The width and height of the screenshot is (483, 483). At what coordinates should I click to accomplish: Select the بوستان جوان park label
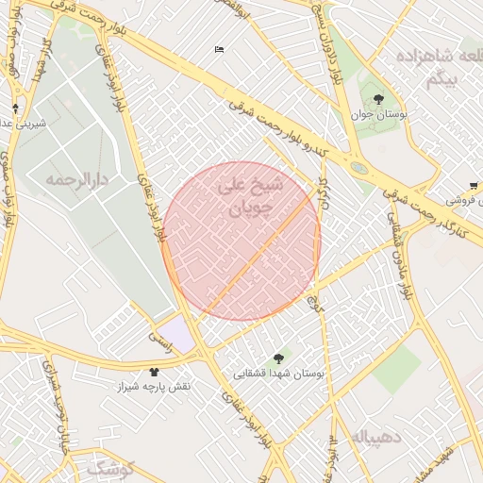[x=378, y=114]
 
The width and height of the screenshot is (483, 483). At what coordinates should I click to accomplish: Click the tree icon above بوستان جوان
[x=378, y=99]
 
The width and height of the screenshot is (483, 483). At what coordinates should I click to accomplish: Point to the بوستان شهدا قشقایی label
[x=279, y=374]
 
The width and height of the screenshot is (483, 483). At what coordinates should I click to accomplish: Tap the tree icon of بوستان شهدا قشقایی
[x=277, y=358]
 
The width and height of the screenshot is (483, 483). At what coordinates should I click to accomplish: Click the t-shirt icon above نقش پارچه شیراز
[x=154, y=372]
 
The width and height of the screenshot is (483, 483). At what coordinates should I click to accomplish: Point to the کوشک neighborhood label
[x=110, y=468]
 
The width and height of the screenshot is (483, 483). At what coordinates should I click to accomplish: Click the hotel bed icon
[x=220, y=49]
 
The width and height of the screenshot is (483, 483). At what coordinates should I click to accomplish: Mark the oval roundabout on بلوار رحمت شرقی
[x=359, y=168]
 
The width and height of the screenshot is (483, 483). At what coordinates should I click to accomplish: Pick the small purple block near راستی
[x=176, y=331]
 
